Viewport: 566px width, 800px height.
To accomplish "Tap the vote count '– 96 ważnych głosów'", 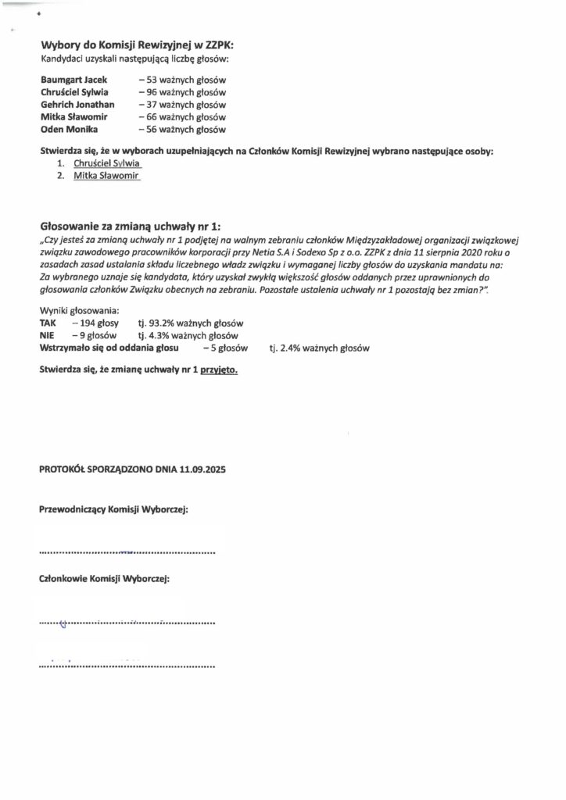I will [181, 92].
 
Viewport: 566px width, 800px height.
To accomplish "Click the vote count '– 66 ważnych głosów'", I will [181, 117].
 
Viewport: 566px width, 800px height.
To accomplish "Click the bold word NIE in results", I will [47, 335].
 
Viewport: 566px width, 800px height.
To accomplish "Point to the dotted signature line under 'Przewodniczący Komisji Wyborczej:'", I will [127, 552].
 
